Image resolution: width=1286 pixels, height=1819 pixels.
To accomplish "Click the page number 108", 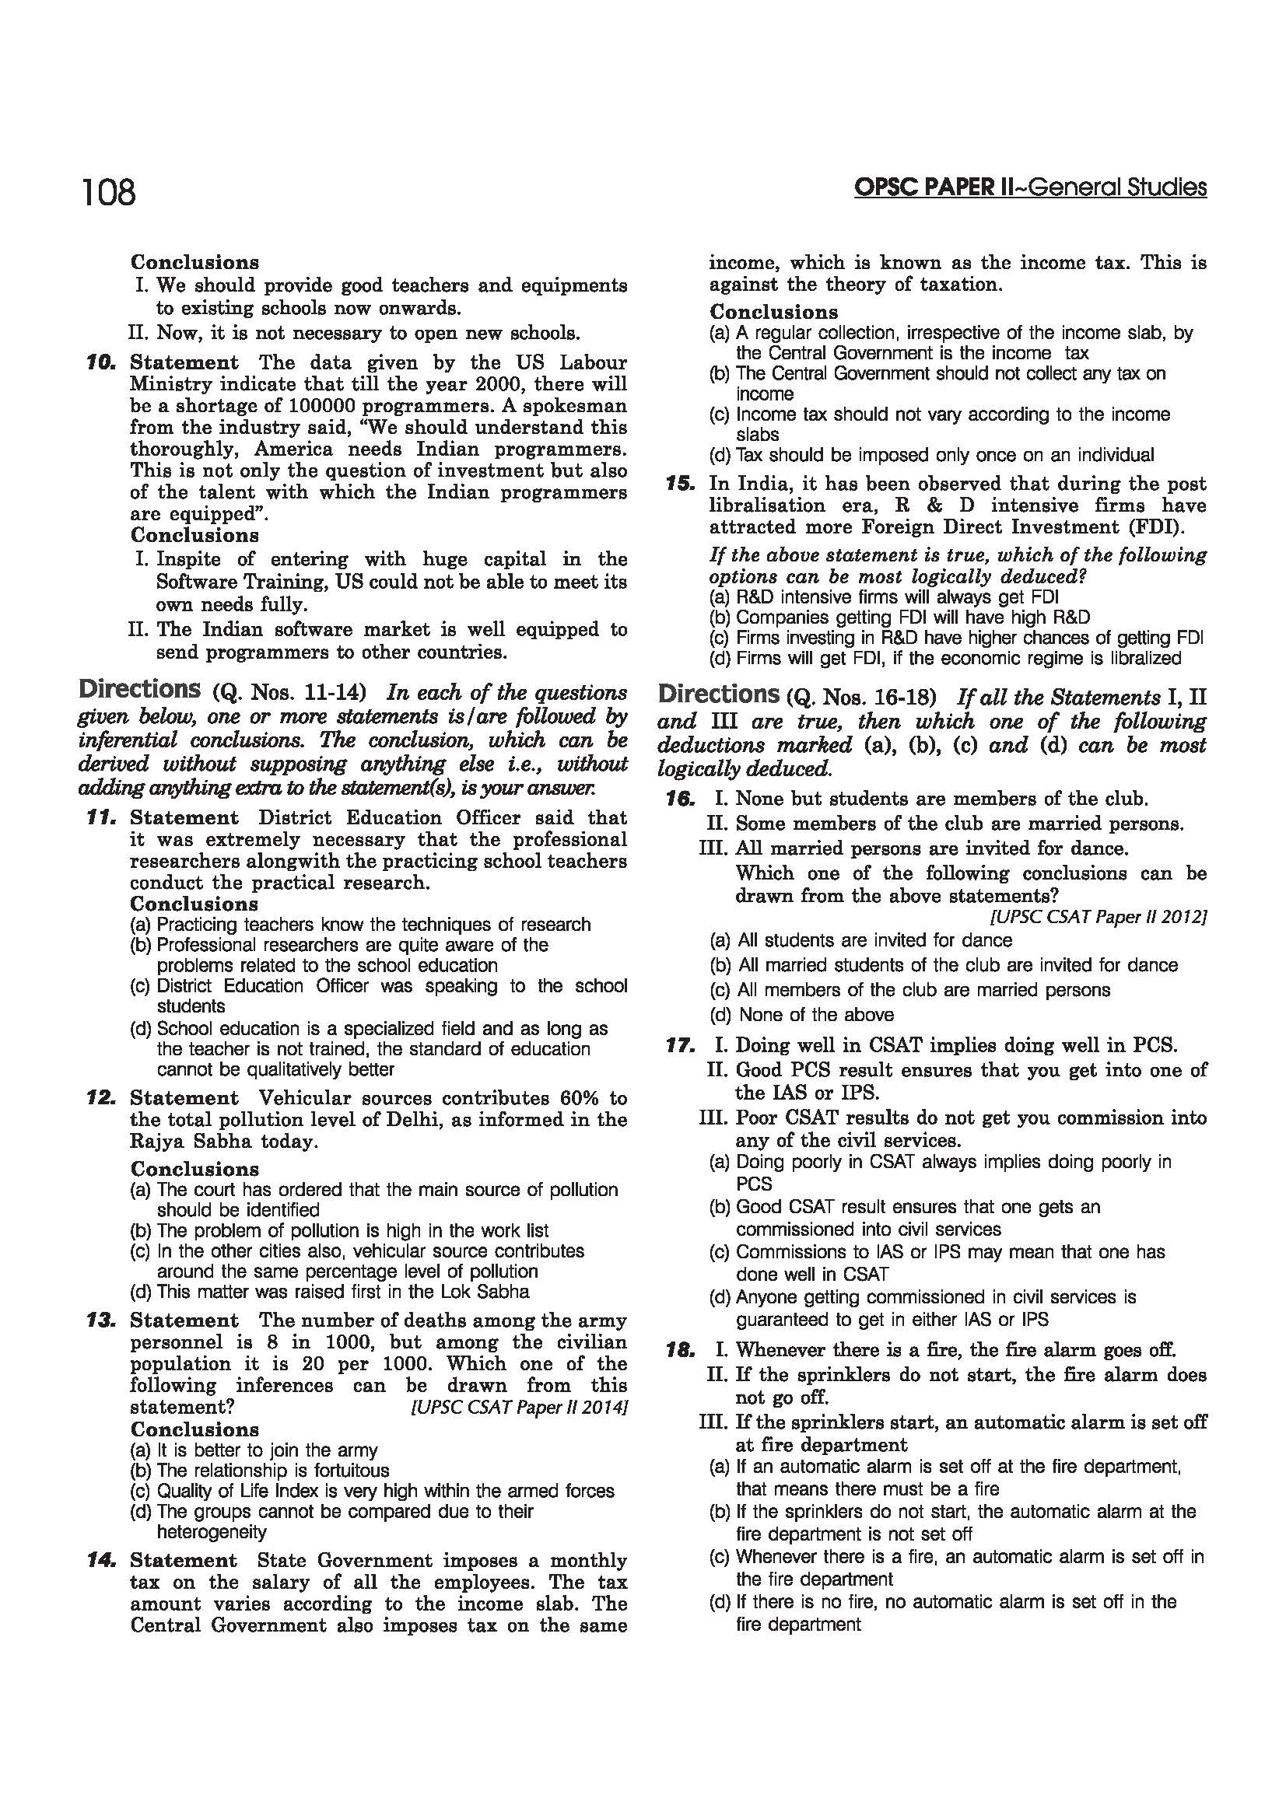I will [109, 193].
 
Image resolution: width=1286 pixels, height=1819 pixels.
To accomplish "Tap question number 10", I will [103, 363].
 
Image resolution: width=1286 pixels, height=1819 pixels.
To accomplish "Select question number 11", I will [103, 817].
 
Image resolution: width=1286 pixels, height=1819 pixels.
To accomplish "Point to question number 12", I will [103, 1098].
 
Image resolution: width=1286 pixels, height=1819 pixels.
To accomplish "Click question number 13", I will [103, 1321].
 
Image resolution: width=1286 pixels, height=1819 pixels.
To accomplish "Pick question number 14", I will [103, 1561].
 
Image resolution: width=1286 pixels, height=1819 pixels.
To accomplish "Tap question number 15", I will [680, 484].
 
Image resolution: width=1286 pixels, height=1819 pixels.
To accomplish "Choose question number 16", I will [680, 799].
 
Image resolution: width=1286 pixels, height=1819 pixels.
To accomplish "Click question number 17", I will [680, 1045].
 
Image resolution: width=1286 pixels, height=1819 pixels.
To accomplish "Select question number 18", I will [680, 1350].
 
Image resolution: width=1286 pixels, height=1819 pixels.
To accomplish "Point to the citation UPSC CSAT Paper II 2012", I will [1099, 918].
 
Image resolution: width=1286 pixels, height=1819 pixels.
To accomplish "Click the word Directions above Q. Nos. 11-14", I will [139, 689].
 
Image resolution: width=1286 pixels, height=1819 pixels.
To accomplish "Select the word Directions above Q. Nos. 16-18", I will [719, 694].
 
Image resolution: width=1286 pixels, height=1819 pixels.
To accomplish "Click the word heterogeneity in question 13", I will [212, 1532].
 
